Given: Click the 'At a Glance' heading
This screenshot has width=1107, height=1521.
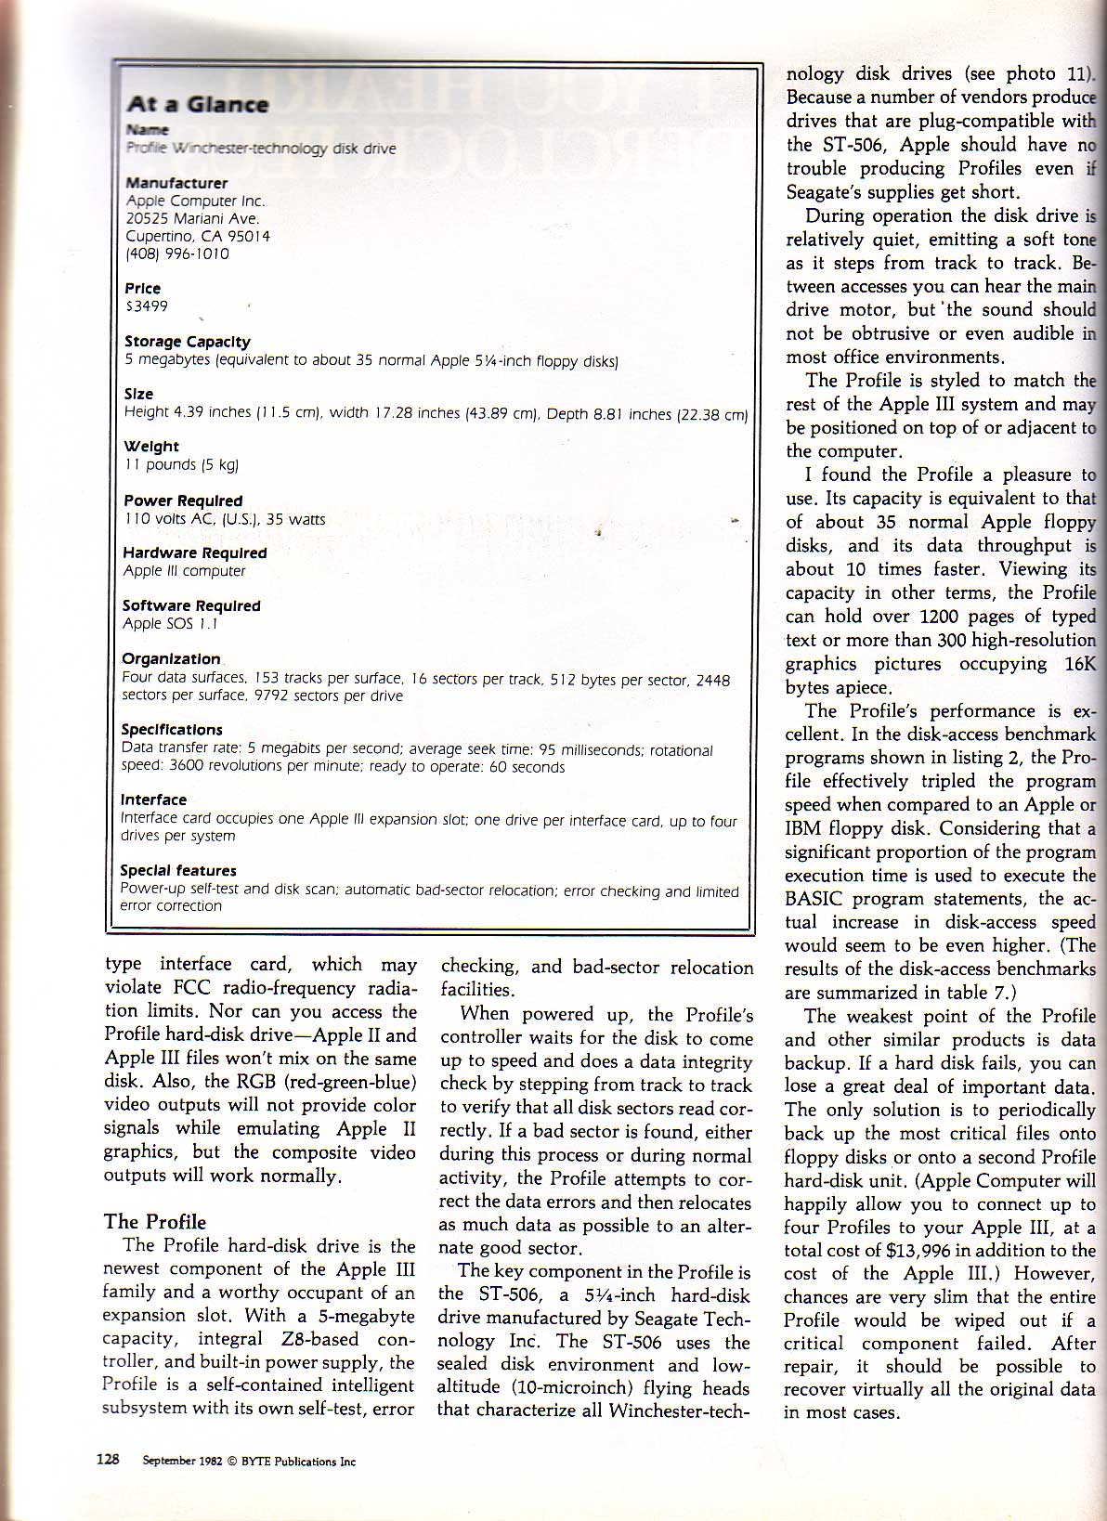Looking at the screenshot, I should tap(198, 104).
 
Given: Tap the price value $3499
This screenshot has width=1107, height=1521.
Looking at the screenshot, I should tap(147, 306).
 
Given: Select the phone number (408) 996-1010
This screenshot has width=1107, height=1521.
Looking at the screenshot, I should tap(177, 253).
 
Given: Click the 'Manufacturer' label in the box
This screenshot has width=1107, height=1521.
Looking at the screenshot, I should tap(176, 183).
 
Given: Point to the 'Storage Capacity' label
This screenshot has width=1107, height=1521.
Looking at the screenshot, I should tap(188, 342).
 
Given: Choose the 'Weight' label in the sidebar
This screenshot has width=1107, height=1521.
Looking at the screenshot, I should tap(151, 447).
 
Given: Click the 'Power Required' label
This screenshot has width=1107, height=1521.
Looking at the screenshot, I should tap(183, 500).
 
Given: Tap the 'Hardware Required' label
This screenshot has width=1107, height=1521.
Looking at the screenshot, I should tap(195, 552).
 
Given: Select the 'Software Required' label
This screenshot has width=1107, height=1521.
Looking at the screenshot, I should tap(191, 605).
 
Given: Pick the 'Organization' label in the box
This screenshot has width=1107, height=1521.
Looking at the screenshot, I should tap(171, 658).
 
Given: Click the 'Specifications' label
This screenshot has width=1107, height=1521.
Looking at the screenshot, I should tap(172, 730).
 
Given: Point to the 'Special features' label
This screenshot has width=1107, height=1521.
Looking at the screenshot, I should tap(178, 871).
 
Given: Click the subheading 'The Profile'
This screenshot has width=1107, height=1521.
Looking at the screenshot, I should tap(155, 1222).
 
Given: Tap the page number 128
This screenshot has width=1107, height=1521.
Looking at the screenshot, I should tap(108, 1459).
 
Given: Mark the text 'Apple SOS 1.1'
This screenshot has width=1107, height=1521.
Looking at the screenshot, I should tap(170, 624).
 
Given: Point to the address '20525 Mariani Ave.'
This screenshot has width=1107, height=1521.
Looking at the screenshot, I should tap(192, 219).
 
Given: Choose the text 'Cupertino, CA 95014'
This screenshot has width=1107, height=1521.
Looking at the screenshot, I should tap(198, 236).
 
